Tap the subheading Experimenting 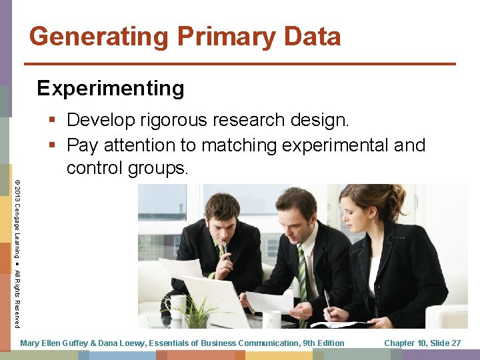tap(111, 88)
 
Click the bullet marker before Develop tap(53, 121)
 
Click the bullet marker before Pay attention tap(53, 145)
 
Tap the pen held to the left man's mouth tap(225, 250)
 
